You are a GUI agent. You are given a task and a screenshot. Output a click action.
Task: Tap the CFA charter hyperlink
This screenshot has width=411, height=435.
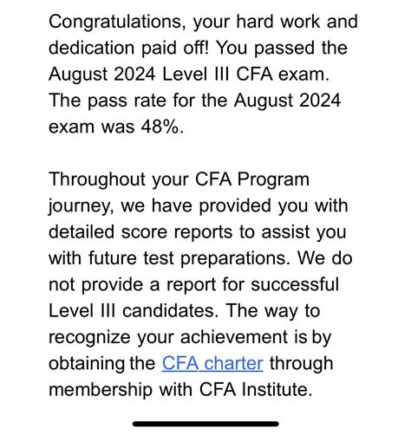[x=212, y=363]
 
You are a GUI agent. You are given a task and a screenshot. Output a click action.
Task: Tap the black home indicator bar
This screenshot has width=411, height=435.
[x=205, y=424]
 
